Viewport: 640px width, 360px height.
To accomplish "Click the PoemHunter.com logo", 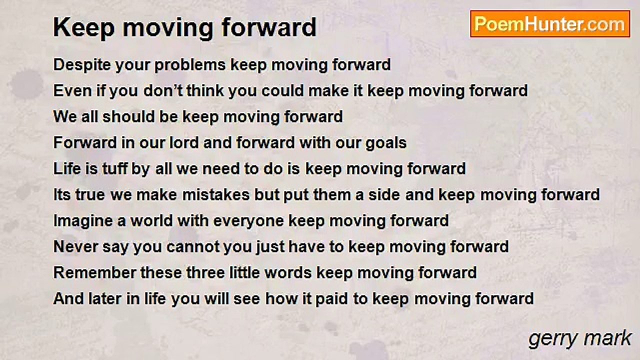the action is tap(550, 24).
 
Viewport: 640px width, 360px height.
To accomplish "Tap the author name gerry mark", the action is tap(580, 339).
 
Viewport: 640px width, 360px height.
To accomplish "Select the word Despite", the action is tap(82, 65).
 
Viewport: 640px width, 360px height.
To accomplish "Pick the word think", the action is tap(205, 91).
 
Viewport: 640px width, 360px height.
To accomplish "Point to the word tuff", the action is tap(115, 168).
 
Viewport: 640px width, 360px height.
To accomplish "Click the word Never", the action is tap(75, 246).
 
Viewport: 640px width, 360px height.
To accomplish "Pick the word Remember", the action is tap(94, 272).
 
